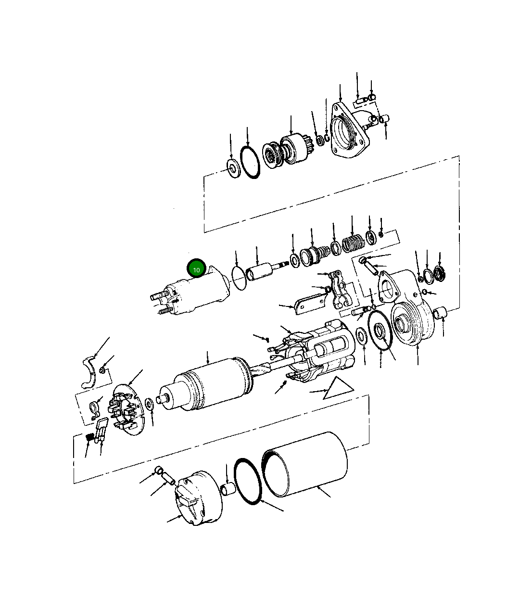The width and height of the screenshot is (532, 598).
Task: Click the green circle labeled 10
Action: (x=196, y=269)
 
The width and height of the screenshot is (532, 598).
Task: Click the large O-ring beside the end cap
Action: (x=248, y=481)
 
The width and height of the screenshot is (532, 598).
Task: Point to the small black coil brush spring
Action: (x=89, y=438)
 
